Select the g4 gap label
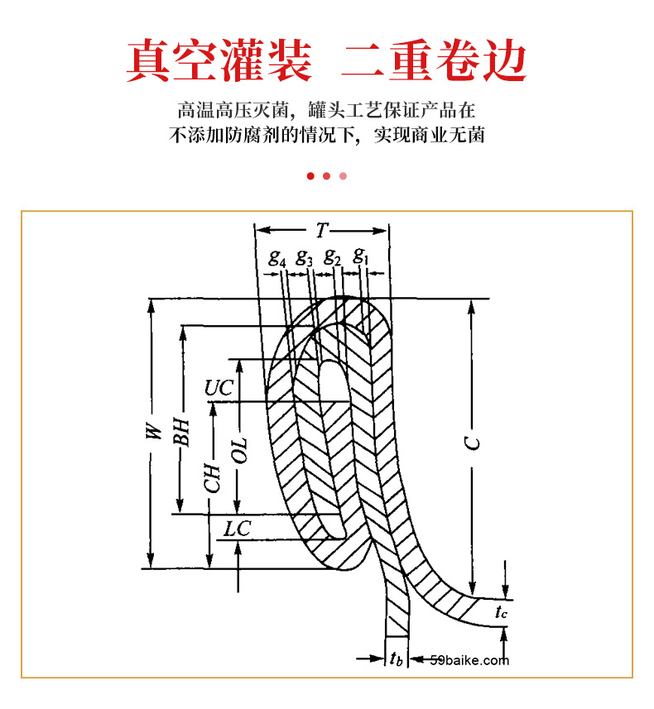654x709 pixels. (277, 256)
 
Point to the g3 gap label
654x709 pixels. (305, 256)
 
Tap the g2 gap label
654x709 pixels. (332, 256)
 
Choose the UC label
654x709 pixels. (219, 386)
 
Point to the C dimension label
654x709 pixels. (472, 443)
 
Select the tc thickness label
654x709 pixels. (501, 613)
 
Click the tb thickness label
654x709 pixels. (397, 659)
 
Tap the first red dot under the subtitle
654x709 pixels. (310, 175)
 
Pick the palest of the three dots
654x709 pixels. (343, 175)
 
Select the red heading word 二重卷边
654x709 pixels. (434, 60)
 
